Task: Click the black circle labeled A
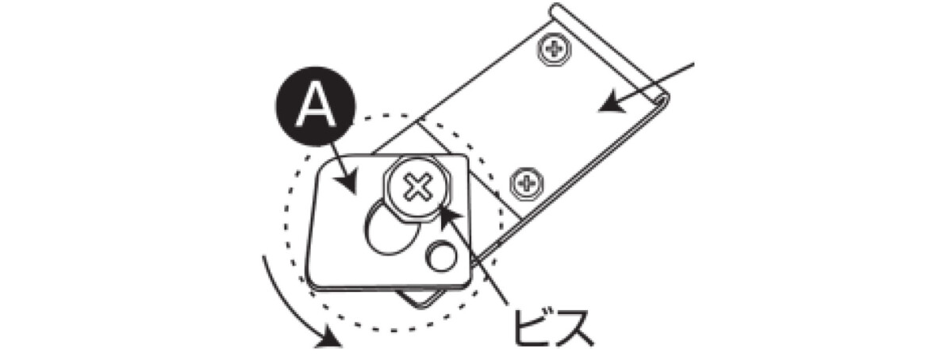click(x=316, y=105)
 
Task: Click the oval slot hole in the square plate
click(x=390, y=228)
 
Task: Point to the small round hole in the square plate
click(x=442, y=256)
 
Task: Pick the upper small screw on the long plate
click(x=554, y=49)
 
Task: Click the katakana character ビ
click(x=532, y=327)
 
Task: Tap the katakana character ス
click(x=573, y=328)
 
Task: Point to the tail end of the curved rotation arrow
click(x=264, y=256)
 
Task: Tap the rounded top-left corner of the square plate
click(x=326, y=164)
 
